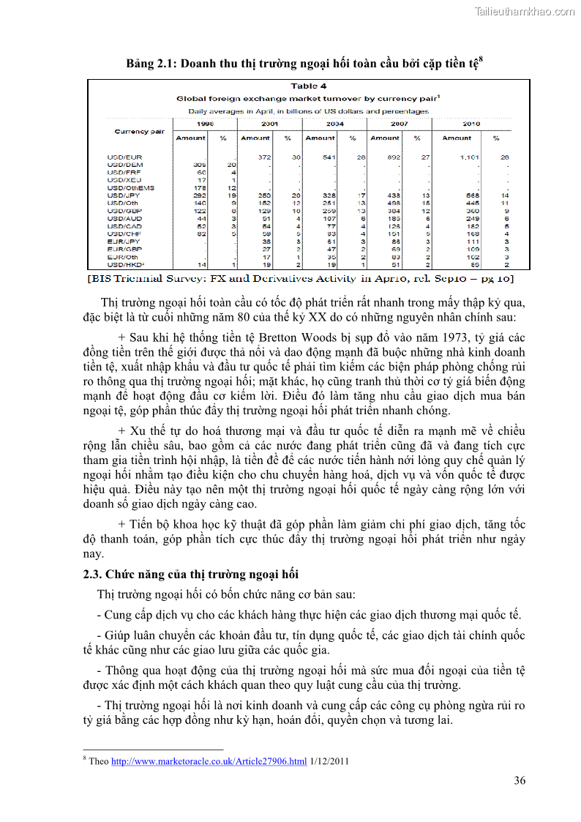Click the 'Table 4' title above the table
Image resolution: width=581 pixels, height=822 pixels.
(308, 86)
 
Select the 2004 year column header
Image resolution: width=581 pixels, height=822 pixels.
(334, 124)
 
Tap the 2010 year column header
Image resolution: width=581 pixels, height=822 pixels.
(471, 124)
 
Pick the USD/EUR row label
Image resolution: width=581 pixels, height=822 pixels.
(124, 157)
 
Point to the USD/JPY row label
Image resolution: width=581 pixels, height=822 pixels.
(124, 195)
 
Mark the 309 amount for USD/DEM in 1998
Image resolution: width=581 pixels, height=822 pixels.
(199, 165)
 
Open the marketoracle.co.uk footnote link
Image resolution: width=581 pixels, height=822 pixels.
(209, 761)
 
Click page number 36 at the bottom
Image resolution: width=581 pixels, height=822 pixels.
(519, 780)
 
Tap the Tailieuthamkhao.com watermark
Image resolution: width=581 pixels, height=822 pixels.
(524, 12)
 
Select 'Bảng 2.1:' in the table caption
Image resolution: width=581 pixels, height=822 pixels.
(152, 64)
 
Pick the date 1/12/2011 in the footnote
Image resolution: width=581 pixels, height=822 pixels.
(329, 761)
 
